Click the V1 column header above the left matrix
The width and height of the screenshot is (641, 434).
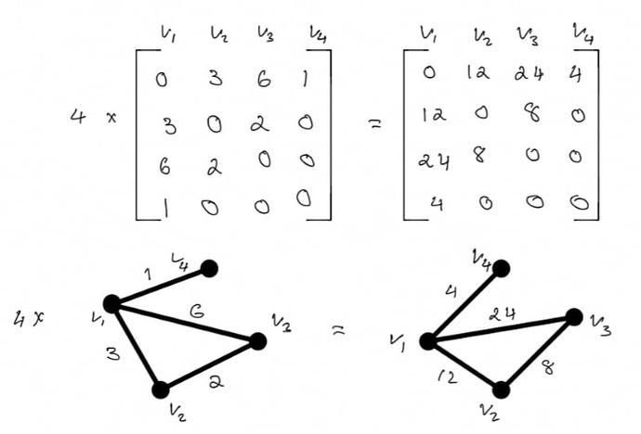point(168,34)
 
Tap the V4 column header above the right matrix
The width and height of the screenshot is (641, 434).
point(583,34)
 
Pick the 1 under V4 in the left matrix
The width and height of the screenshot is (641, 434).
point(305,78)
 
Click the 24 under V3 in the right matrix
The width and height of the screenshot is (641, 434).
point(529,74)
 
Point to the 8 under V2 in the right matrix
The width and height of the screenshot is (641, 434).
point(480,154)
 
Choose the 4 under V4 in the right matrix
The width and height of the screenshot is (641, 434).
point(576,74)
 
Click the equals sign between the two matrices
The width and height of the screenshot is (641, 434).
point(375,124)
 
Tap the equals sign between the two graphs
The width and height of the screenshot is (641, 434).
point(338,330)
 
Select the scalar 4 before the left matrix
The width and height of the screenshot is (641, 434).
point(78,116)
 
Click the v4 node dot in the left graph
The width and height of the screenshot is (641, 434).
point(209,268)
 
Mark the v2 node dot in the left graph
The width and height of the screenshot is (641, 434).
point(161,389)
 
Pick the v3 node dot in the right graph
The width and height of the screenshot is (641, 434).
point(574,317)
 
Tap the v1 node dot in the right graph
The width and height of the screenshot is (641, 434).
point(428,341)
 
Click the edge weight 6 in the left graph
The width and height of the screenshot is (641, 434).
point(197,312)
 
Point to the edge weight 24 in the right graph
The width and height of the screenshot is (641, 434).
point(502,314)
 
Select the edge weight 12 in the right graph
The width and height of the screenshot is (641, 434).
point(447,377)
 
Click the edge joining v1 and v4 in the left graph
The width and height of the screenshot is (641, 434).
point(160,287)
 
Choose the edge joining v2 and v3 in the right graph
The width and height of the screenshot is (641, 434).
point(538,353)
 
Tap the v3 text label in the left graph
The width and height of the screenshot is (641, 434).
point(281,323)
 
